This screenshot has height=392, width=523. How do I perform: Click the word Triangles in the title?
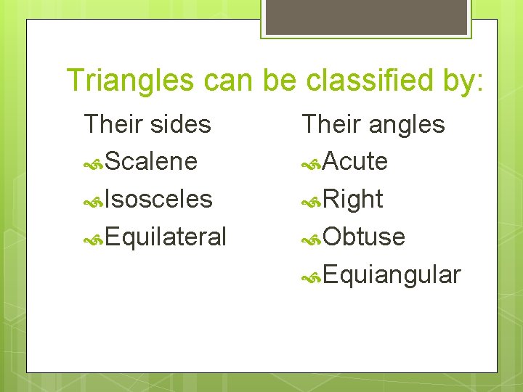click(129, 81)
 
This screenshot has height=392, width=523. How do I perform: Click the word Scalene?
click(151, 161)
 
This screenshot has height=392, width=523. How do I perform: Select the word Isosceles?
click(158, 199)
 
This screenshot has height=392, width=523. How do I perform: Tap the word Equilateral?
click(166, 237)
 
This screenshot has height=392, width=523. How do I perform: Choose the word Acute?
click(355, 161)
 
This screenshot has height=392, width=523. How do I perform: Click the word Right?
click(352, 199)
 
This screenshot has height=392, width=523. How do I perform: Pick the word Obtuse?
click(364, 237)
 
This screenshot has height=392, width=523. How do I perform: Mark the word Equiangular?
click(392, 275)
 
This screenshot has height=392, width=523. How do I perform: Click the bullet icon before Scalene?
click(94, 163)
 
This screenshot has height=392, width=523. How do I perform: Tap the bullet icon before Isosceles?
click(94, 200)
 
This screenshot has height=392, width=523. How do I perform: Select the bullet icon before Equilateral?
click(94, 238)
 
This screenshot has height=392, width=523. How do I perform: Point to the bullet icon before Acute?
click(312, 163)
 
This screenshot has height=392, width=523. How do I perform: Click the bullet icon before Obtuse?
click(312, 238)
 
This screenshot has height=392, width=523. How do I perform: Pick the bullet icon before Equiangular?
click(312, 277)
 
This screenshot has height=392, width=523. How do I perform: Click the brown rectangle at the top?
click(365, 17)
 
